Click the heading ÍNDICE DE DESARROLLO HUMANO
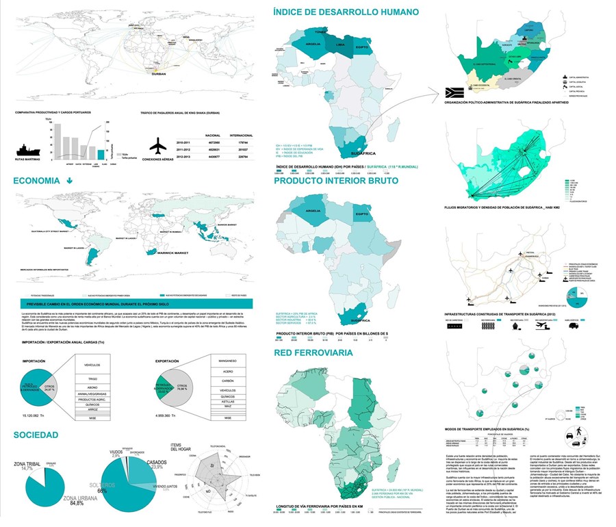(x=345, y=12)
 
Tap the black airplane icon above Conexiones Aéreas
(x=158, y=145)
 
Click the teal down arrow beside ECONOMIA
(x=69, y=181)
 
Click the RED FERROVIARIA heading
(x=314, y=352)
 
